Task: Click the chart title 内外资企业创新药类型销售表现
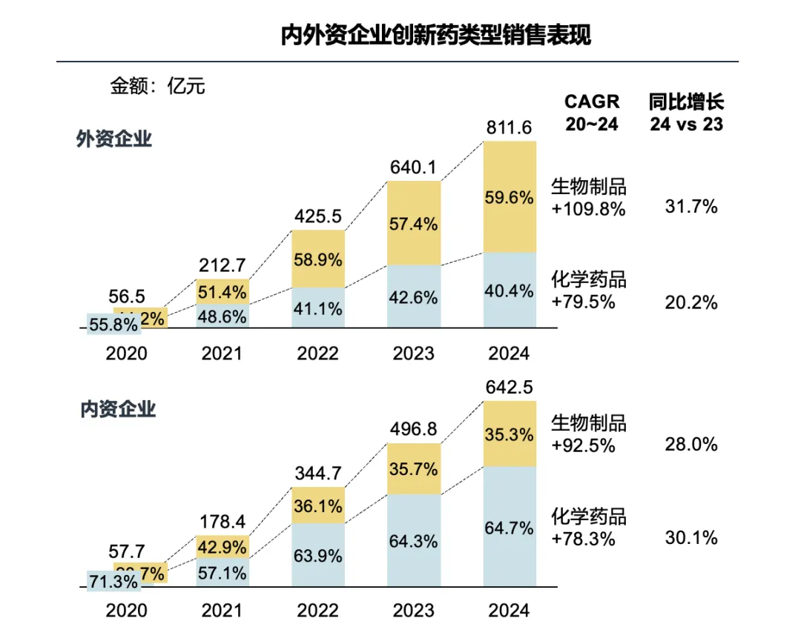click(x=436, y=35)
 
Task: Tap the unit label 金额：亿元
click(x=157, y=86)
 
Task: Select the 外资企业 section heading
click(x=114, y=139)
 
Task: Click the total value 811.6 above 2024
click(x=509, y=128)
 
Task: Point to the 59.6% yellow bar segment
click(x=509, y=198)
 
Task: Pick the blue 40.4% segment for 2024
click(x=509, y=291)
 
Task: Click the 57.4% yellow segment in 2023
click(x=414, y=223)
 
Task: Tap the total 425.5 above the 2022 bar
click(x=318, y=217)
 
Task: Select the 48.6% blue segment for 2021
click(x=223, y=315)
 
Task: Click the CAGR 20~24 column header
click(x=592, y=113)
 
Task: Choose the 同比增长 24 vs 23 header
click(x=686, y=113)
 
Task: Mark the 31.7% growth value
click(x=690, y=207)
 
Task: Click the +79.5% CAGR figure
click(x=584, y=302)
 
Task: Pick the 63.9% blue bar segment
click(x=318, y=555)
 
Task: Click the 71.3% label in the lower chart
click(x=112, y=581)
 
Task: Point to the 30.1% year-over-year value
click(x=690, y=538)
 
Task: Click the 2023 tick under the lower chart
click(x=414, y=610)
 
